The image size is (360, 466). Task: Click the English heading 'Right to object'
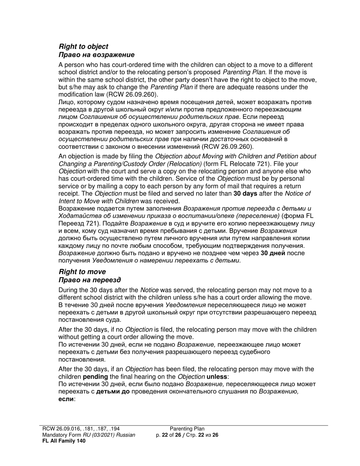83,47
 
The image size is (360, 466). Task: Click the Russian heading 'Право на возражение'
97,55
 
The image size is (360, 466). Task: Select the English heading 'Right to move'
82,272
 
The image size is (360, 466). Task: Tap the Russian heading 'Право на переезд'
90,280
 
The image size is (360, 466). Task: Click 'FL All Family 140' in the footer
64,441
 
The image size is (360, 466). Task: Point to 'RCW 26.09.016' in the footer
60,429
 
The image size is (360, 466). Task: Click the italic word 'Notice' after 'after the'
149,290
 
